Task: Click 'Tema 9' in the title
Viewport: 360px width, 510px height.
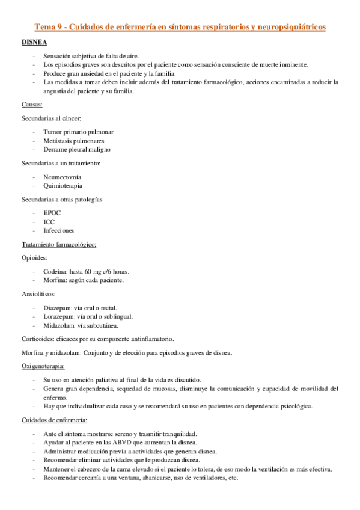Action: click(x=49, y=27)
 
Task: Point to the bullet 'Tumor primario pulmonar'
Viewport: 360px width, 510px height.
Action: click(x=78, y=131)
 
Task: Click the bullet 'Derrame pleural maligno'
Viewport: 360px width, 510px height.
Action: click(x=77, y=149)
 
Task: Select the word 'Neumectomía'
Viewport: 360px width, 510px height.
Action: click(x=62, y=177)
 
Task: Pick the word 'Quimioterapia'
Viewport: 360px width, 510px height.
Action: click(x=63, y=186)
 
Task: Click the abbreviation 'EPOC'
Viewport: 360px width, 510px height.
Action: click(x=52, y=213)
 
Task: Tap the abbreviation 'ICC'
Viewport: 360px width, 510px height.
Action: click(x=49, y=222)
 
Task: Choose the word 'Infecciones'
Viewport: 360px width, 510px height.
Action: click(x=59, y=230)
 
